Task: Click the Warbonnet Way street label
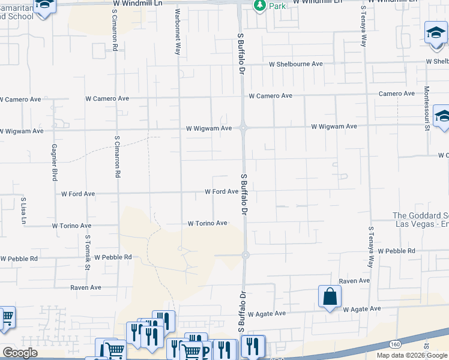178,32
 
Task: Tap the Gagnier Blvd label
54,163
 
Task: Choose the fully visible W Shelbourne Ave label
296,64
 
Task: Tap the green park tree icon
259,5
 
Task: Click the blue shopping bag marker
330,296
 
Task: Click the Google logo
20,353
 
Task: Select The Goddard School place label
420,220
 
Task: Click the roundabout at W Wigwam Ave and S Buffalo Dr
243,127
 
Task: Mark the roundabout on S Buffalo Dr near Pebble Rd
246,255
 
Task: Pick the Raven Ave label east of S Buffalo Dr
354,281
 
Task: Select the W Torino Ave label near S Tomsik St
71,226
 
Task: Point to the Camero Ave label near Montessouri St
396,94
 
